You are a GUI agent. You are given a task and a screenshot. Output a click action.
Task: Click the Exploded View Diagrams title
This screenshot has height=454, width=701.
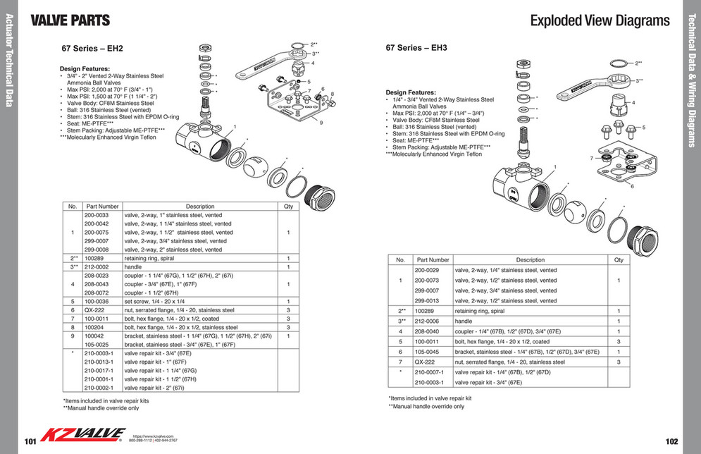coord(600,20)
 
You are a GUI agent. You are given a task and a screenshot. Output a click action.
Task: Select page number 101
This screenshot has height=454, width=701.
coord(30,441)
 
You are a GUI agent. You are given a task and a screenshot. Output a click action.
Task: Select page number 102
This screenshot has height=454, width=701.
coord(671,441)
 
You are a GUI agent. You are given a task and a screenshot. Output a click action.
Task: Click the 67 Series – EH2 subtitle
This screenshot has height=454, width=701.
coord(92,49)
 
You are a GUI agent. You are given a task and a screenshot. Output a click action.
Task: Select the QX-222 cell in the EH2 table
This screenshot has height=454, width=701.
coord(94,310)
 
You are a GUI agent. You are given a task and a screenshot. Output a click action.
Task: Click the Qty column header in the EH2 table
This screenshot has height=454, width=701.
coord(287,207)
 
